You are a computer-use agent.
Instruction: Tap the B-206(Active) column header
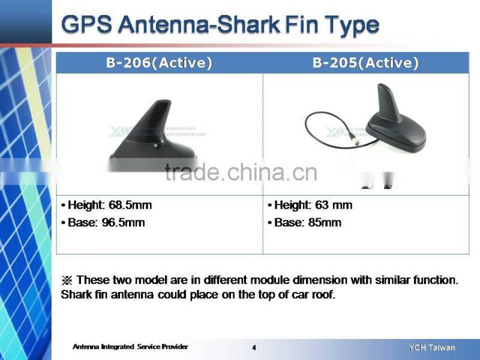click(x=159, y=63)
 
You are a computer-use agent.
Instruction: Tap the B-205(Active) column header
click(x=365, y=63)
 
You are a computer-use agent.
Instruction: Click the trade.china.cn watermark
click(x=241, y=172)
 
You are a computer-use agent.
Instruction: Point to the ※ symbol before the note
click(x=67, y=280)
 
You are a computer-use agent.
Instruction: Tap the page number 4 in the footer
click(x=254, y=347)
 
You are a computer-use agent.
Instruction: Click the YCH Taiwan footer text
click(x=431, y=347)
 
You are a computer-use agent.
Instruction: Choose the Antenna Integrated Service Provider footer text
click(x=130, y=347)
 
